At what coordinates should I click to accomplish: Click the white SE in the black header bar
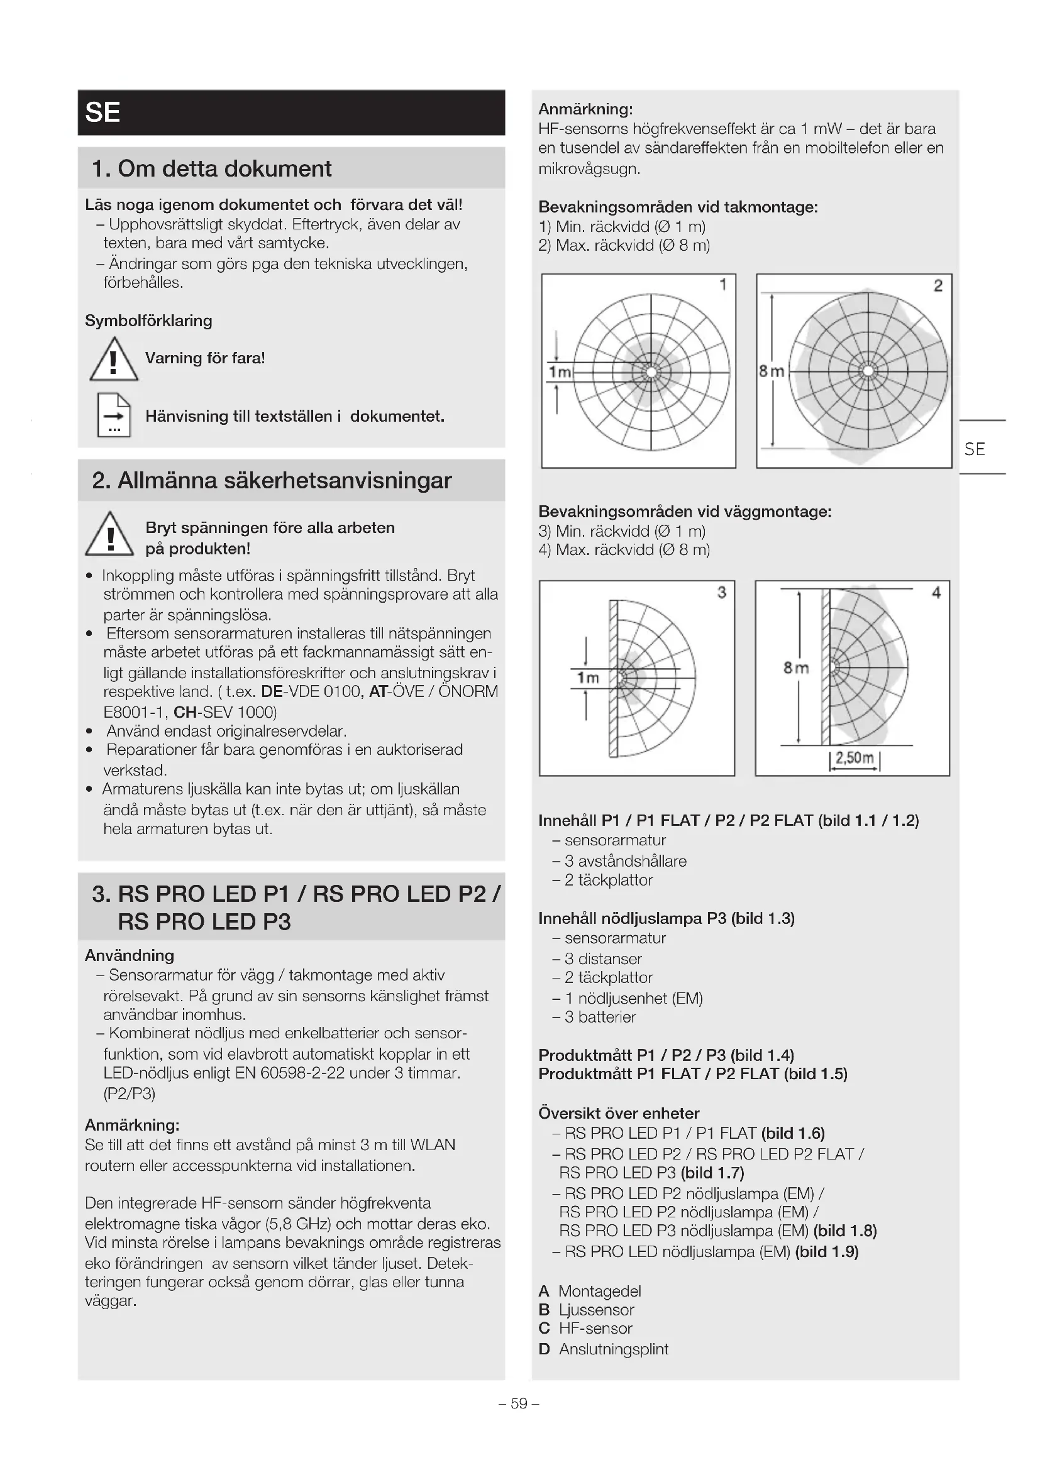coord(102,112)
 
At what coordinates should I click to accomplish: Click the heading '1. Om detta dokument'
coord(211,168)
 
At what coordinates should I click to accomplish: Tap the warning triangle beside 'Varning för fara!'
coord(113,360)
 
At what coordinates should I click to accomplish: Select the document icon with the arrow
coord(114,415)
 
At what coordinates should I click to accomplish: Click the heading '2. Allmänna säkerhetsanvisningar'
coord(272,480)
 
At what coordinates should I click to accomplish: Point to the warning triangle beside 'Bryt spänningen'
coord(109,535)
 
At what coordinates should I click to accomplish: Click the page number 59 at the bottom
coord(519,1403)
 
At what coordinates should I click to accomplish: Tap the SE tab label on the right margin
coord(974,449)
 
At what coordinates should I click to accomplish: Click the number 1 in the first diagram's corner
coord(723,285)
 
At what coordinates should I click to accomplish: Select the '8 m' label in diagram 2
coord(771,371)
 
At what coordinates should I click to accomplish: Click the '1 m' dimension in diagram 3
coord(588,677)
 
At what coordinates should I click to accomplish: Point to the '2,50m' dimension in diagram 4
coord(855,758)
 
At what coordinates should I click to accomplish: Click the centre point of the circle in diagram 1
coord(651,372)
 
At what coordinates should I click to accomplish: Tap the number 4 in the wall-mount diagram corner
coord(936,592)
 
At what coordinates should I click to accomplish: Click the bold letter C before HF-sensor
coord(545,1329)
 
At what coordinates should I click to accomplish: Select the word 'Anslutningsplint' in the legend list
coord(614,1349)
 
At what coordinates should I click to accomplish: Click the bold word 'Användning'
coord(130,955)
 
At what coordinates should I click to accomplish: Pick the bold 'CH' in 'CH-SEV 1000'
coord(184,712)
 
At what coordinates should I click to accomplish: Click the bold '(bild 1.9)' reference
coord(826,1251)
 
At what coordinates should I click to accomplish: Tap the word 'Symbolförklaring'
coord(148,321)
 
